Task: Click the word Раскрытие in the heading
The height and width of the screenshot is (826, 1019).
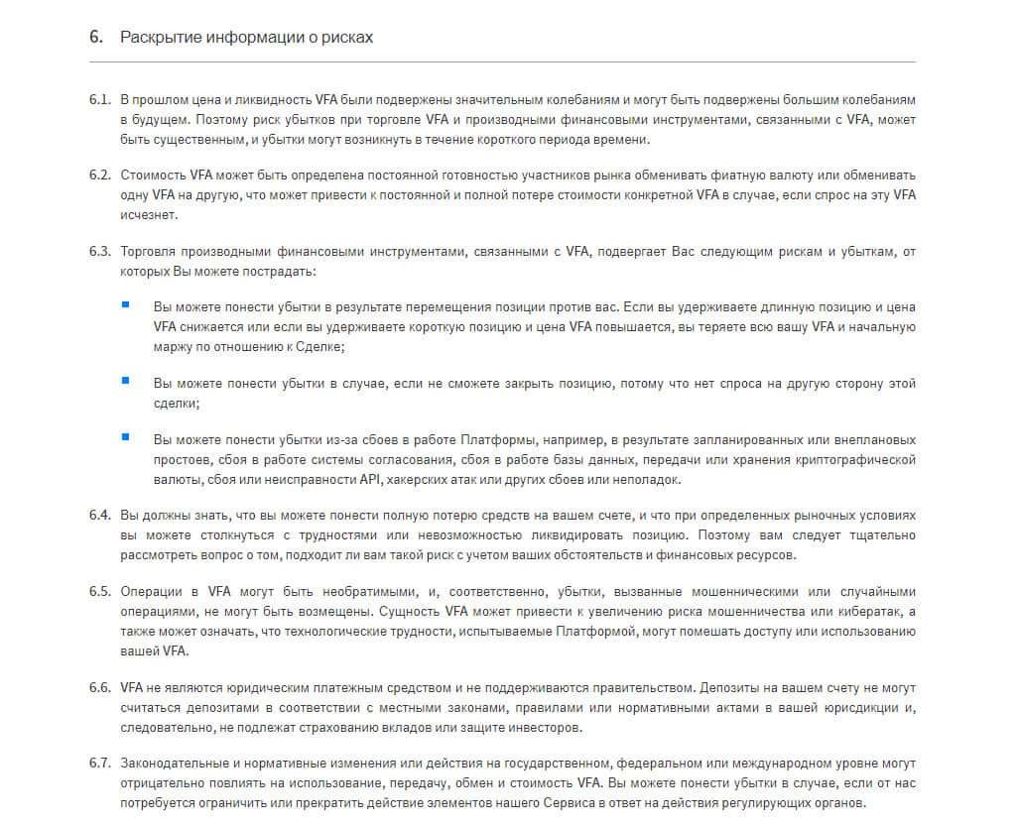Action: pos(163,38)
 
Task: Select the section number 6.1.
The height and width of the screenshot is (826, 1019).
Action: pos(99,100)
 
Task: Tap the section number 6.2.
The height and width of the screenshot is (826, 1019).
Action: pos(99,175)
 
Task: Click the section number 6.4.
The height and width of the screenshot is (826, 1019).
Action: pos(99,517)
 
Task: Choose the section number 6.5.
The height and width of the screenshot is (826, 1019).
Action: pos(99,592)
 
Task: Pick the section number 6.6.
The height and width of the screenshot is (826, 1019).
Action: pos(99,687)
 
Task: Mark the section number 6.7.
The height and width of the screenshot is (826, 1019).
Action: pos(99,763)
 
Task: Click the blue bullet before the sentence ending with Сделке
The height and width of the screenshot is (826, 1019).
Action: pos(126,304)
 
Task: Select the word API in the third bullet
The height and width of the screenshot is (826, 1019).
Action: pos(369,479)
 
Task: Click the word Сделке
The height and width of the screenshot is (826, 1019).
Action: pos(317,347)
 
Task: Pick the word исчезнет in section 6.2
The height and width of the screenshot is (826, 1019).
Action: pos(147,214)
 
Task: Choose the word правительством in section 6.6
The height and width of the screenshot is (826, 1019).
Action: pos(646,687)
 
